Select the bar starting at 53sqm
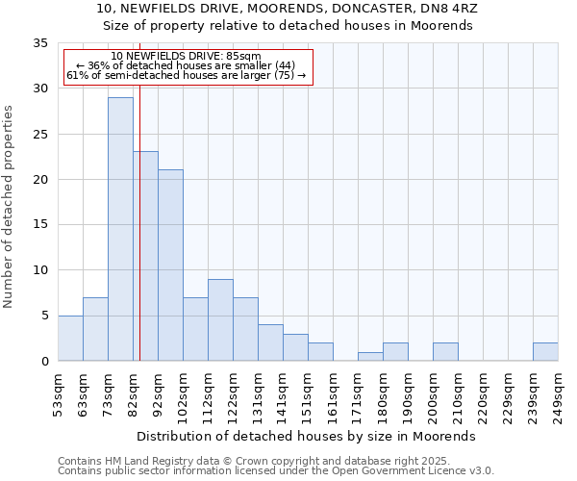(x=70, y=338)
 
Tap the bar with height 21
(x=170, y=265)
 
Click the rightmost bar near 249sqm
(x=545, y=351)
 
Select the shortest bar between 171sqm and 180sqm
(x=370, y=356)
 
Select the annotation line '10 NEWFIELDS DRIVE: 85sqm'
(x=186, y=56)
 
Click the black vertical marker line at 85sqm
(x=139, y=240)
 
